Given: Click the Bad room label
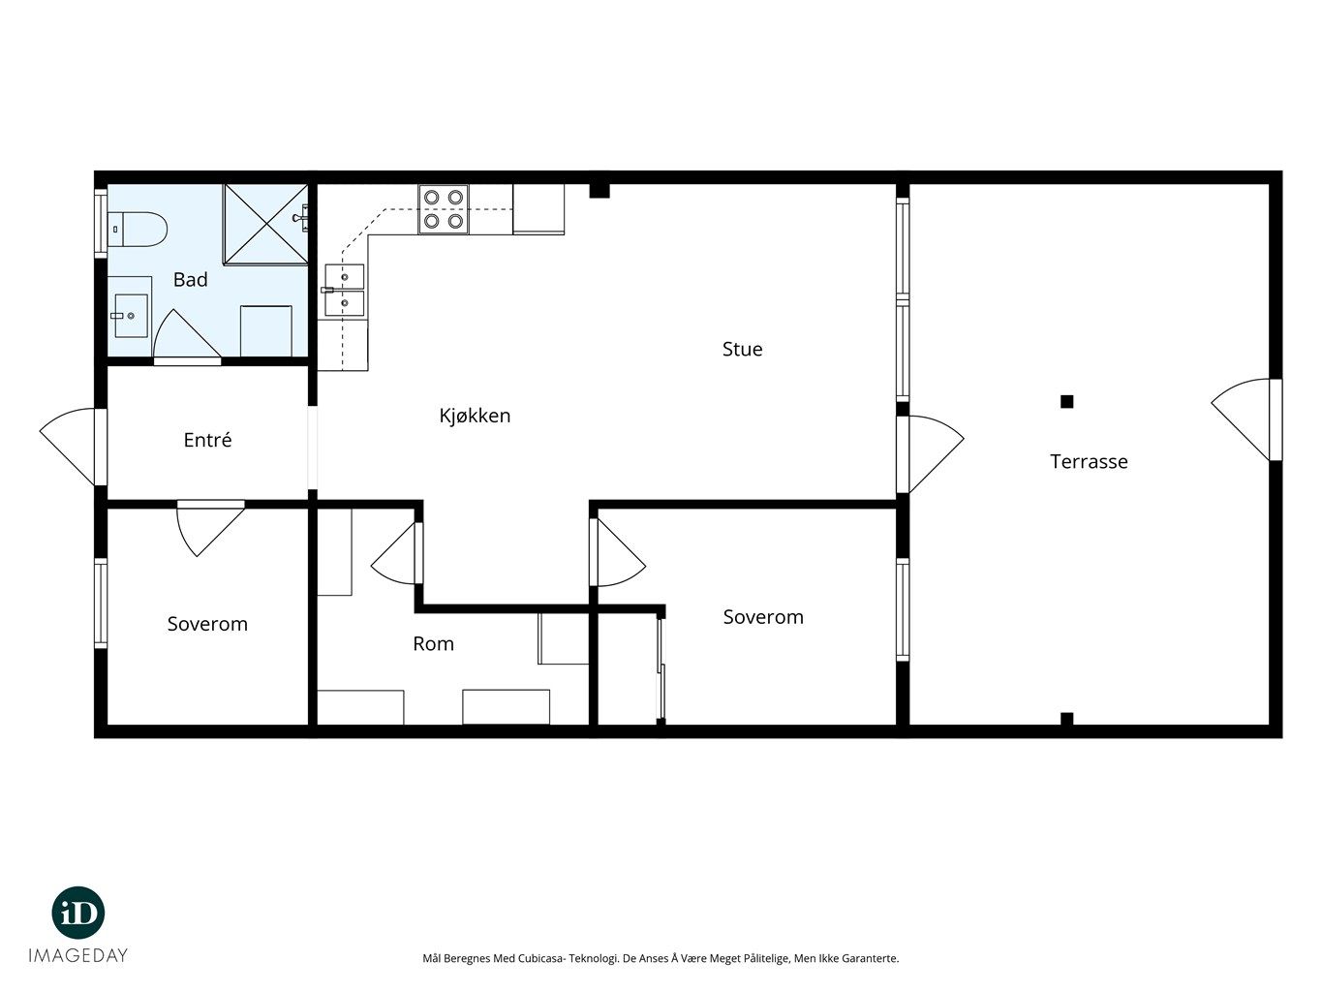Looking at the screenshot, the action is coord(191,279).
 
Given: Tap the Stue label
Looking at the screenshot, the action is coord(742,349).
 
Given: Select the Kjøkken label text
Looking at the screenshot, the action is coord(475,416).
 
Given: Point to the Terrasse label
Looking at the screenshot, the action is coord(1089,461).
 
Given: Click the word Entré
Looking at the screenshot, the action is coord(207,440).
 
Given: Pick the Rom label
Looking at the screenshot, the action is coord(433,644).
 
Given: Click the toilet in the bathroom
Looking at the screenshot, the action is coord(137,229).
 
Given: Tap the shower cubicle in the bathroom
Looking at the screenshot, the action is coord(265,224).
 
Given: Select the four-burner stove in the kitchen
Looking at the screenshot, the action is coord(444,209).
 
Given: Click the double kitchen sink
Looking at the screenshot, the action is coord(345,291).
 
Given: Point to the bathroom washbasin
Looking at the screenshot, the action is coord(130,316).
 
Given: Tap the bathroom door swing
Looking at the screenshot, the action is coord(187,336).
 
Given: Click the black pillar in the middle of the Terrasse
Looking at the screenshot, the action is coord(1066,401).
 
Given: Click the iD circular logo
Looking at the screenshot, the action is coord(78,913).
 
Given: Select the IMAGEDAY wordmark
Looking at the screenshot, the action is coord(78,955).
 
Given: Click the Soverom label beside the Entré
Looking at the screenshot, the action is coord(207,623).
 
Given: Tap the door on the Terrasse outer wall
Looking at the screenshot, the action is coord(1246,419).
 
